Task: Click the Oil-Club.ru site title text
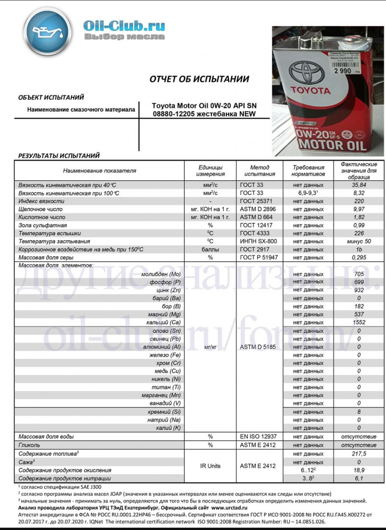tap(124, 25)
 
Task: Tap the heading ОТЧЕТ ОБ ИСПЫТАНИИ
tap(199, 79)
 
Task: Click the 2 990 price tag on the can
tap(343, 71)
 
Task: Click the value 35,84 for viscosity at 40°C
tap(358, 185)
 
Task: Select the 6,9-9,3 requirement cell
tap(308, 193)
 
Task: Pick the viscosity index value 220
tap(358, 201)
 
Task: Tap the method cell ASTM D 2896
tap(258, 209)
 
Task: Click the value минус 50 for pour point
tap(358, 241)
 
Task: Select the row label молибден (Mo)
tap(160, 274)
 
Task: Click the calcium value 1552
tap(358, 322)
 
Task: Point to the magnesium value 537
tap(358, 314)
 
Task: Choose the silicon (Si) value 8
tap(358, 412)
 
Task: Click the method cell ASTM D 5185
tap(258, 347)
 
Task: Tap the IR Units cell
tap(210, 466)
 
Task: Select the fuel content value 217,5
tap(358, 454)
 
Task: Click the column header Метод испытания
tap(259, 171)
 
